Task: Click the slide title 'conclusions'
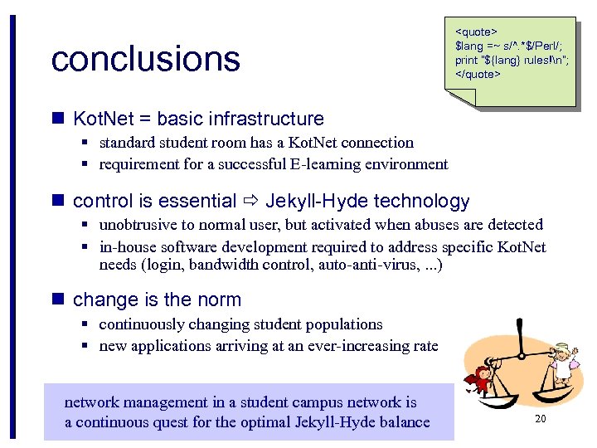click(145, 59)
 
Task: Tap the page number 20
click(540, 419)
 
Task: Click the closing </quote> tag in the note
click(478, 74)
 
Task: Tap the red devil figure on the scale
click(478, 384)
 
